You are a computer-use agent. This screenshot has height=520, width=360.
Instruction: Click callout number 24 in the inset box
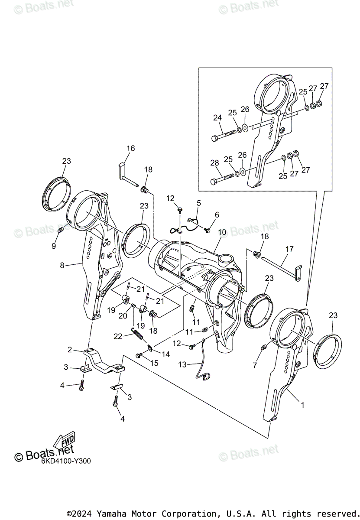click(217, 117)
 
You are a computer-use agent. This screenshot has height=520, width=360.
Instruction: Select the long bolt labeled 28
click(223, 178)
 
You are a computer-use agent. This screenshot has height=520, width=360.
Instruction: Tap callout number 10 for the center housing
click(222, 233)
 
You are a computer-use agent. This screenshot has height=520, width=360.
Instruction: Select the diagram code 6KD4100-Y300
click(66, 461)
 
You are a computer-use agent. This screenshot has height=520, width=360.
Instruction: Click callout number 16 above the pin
click(130, 149)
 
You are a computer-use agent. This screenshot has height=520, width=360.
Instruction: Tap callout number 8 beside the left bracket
click(62, 265)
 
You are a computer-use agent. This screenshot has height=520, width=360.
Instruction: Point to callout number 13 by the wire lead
click(182, 365)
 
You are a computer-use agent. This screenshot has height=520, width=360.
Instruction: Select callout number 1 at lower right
click(302, 405)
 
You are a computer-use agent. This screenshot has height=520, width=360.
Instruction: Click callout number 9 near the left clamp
click(54, 246)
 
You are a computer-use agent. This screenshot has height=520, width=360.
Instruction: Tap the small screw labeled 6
click(208, 230)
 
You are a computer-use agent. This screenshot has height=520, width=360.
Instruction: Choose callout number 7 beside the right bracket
click(255, 366)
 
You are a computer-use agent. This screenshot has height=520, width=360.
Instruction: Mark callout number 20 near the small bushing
click(123, 316)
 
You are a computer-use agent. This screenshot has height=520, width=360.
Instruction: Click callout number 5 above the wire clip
click(199, 202)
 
